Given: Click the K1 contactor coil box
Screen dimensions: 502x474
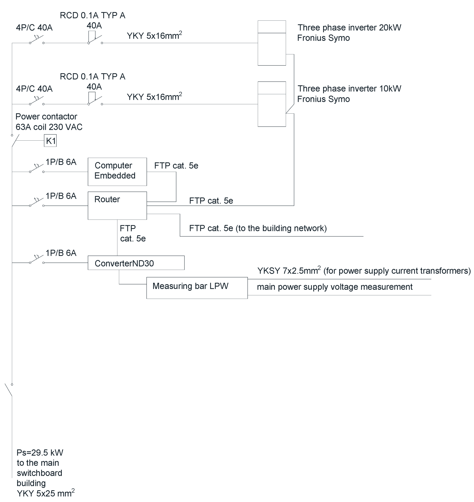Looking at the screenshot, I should [50, 141].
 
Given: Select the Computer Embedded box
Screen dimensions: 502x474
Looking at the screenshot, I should [117, 172].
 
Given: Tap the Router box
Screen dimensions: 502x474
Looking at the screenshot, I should [117, 206].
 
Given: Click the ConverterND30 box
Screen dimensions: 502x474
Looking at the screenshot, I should [136, 263].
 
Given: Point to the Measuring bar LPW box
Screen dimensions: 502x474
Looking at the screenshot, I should [197, 288].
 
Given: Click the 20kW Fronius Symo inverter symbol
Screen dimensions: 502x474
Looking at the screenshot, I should [272, 43].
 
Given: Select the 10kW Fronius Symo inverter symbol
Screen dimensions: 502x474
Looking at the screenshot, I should [272, 104].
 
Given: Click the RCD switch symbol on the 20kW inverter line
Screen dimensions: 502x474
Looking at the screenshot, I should [95, 39].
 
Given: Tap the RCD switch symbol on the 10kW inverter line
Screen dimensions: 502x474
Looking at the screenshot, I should [95, 100].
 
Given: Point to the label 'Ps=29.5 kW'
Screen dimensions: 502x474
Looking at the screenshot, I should [40, 453].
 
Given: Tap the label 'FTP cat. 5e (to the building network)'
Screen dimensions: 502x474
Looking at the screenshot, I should [258, 228].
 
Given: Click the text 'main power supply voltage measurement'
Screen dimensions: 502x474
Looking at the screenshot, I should [335, 287].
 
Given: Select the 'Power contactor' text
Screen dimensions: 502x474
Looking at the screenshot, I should [46, 117].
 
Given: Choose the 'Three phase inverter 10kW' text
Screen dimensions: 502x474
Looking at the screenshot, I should [349, 89].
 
